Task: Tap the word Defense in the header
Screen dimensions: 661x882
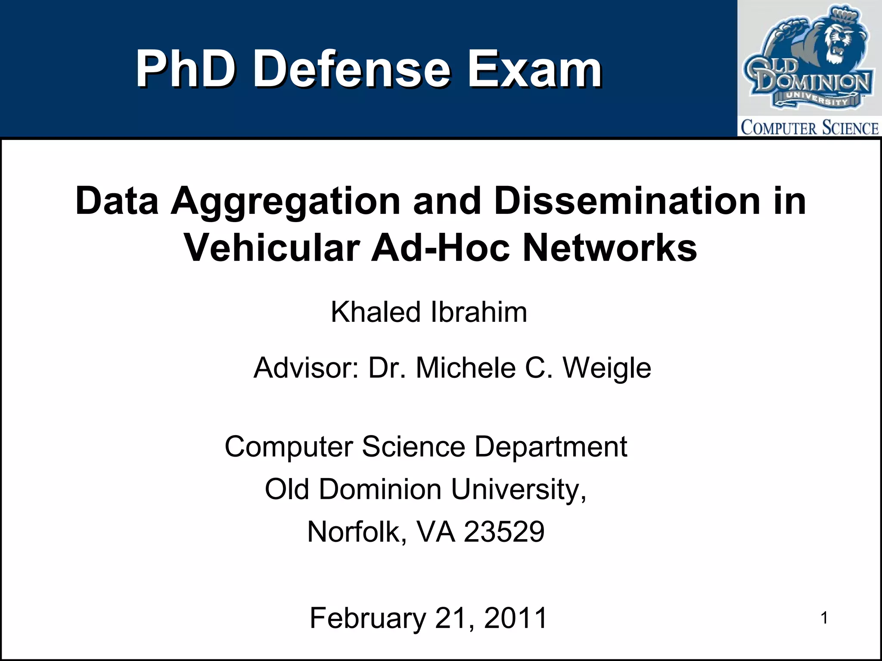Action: [x=351, y=69]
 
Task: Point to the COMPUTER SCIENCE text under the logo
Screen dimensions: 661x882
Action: [x=809, y=128]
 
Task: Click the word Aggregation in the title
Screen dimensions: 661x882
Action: [x=286, y=201]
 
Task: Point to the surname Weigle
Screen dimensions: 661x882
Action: [x=607, y=368]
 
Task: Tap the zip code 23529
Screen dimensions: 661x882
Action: [x=504, y=532]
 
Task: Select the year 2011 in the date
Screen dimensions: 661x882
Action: [x=515, y=618]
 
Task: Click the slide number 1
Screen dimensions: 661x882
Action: [x=824, y=618]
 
